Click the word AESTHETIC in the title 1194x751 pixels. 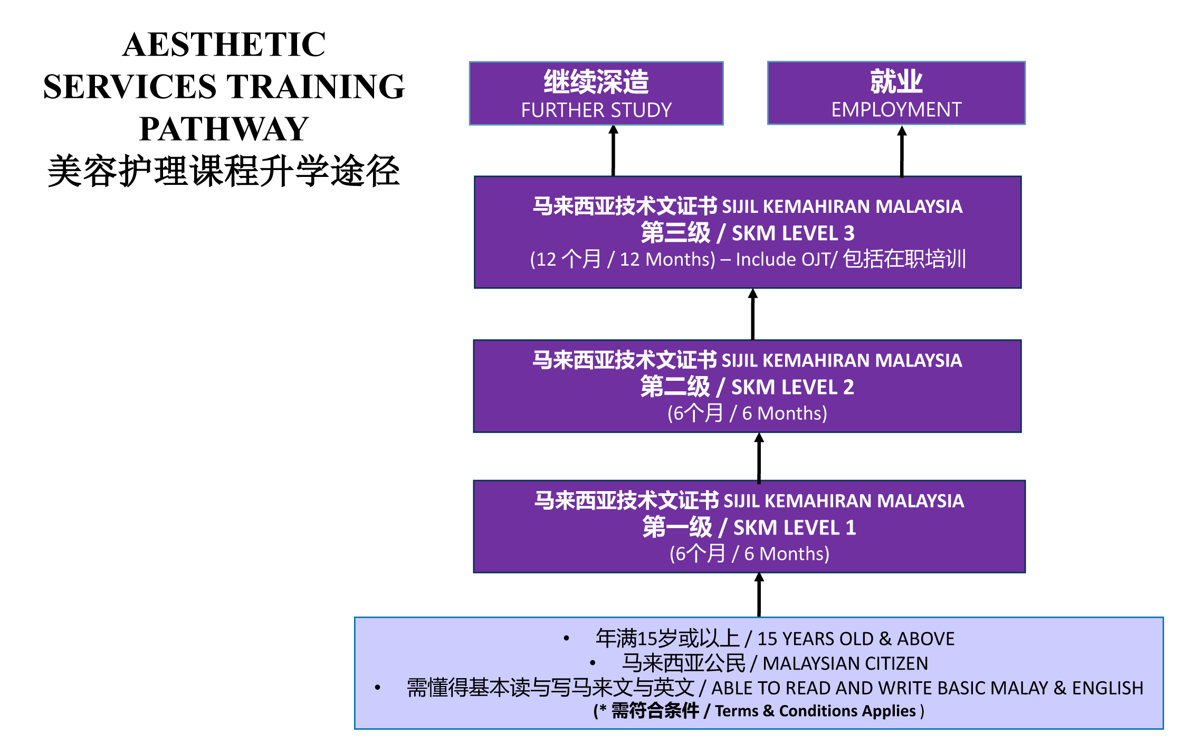224,44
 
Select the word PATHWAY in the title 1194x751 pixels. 224,129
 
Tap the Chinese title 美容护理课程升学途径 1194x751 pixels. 224,171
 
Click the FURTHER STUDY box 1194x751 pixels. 596,93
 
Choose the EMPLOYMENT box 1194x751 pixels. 896,93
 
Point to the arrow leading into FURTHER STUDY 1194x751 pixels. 613,151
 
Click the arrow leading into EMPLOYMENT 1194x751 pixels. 902,151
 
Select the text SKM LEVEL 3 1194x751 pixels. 793,233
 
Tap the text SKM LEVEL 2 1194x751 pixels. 792,387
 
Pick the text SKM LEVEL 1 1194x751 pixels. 795,528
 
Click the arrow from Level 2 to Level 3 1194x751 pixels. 753,314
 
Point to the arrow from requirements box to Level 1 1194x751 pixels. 759,595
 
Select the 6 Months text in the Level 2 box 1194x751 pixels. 785,414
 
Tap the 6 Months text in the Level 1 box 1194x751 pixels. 787,554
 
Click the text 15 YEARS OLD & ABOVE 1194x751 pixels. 856,639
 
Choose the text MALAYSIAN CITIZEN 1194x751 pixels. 845,663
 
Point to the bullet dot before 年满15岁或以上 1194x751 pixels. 566,639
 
